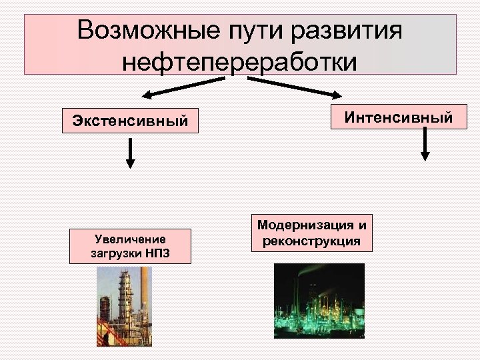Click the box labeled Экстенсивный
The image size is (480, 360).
pos(130,121)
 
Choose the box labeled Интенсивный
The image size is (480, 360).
pos(399,118)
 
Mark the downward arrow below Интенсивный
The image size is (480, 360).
pos(425,145)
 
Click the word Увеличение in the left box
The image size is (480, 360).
pos(130,239)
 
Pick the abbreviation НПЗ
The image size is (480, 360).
pos(157,253)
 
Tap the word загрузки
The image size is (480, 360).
pos(116,253)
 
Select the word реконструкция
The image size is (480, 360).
pos(311,241)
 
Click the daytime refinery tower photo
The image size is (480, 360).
pos(124,306)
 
